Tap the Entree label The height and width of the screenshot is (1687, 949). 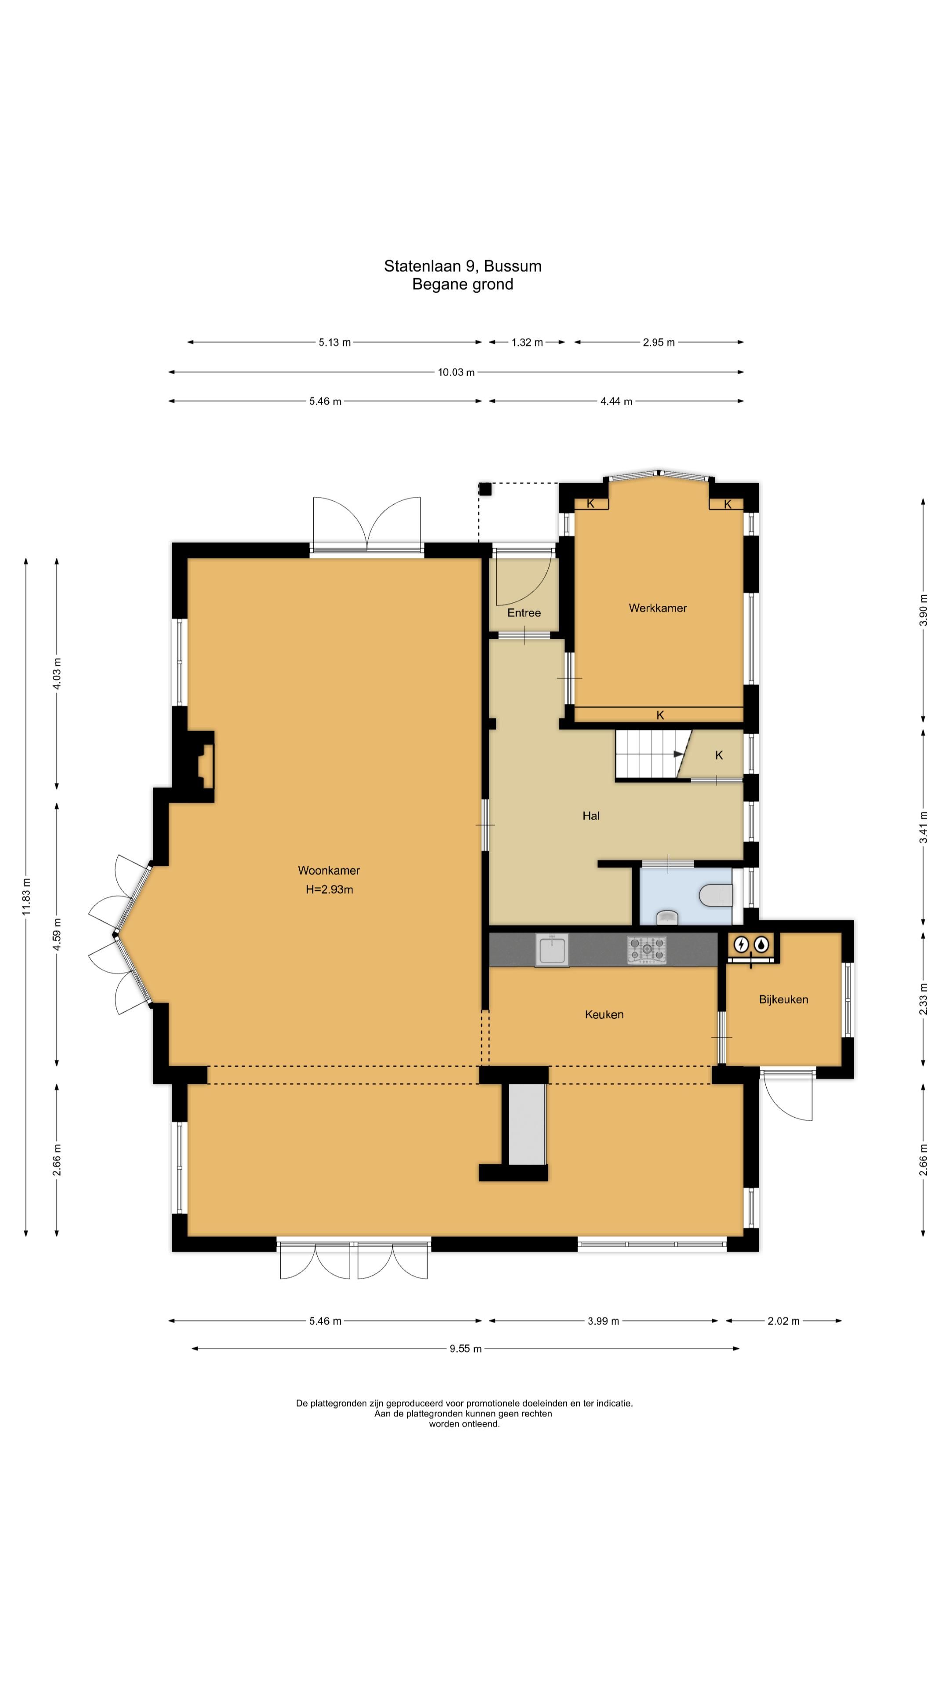tap(524, 613)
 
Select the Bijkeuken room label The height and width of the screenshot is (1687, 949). tap(783, 999)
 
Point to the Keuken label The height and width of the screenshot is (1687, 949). tap(604, 1014)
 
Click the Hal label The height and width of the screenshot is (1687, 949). tap(591, 816)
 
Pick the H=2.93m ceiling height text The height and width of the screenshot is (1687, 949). tap(330, 889)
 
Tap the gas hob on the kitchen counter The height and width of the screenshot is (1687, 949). tap(647, 949)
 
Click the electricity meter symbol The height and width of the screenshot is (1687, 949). tap(741, 945)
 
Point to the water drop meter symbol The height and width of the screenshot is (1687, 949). tap(761, 945)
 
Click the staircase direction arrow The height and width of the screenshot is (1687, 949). tap(679, 754)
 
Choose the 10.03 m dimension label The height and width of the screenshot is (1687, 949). tap(456, 373)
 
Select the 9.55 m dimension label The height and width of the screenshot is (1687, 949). tap(466, 1348)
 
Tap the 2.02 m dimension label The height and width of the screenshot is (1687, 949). tap(783, 1321)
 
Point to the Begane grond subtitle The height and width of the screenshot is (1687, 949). tap(462, 284)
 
